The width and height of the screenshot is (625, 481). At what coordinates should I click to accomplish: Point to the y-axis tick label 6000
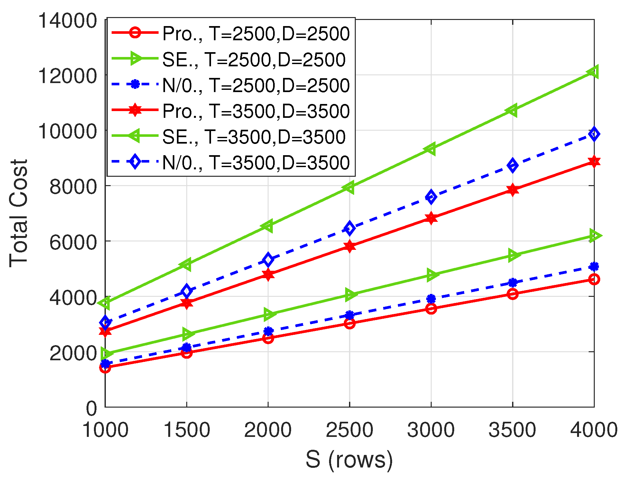(x=73, y=242)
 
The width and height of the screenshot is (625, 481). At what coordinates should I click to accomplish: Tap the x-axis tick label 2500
(x=349, y=429)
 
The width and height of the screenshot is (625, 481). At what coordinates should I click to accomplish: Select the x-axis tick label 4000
(x=593, y=429)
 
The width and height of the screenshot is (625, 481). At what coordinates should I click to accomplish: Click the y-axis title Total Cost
(x=19, y=213)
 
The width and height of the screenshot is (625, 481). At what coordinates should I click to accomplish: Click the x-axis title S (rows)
(x=349, y=459)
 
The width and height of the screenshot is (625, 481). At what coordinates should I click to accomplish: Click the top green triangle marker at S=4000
(x=593, y=71)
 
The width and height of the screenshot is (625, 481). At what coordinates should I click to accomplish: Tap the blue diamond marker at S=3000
(x=431, y=197)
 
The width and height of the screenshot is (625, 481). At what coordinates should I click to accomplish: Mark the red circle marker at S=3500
(x=513, y=294)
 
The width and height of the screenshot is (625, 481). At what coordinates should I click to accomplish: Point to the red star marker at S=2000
(x=268, y=275)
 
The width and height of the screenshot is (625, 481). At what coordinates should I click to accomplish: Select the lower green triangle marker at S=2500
(x=350, y=295)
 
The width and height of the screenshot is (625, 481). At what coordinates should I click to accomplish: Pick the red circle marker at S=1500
(x=187, y=353)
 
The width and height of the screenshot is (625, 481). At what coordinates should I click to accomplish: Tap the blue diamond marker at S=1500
(x=187, y=291)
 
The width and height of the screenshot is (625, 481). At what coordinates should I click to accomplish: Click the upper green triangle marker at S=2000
(x=268, y=226)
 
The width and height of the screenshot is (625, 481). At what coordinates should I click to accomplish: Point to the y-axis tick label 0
(x=91, y=408)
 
